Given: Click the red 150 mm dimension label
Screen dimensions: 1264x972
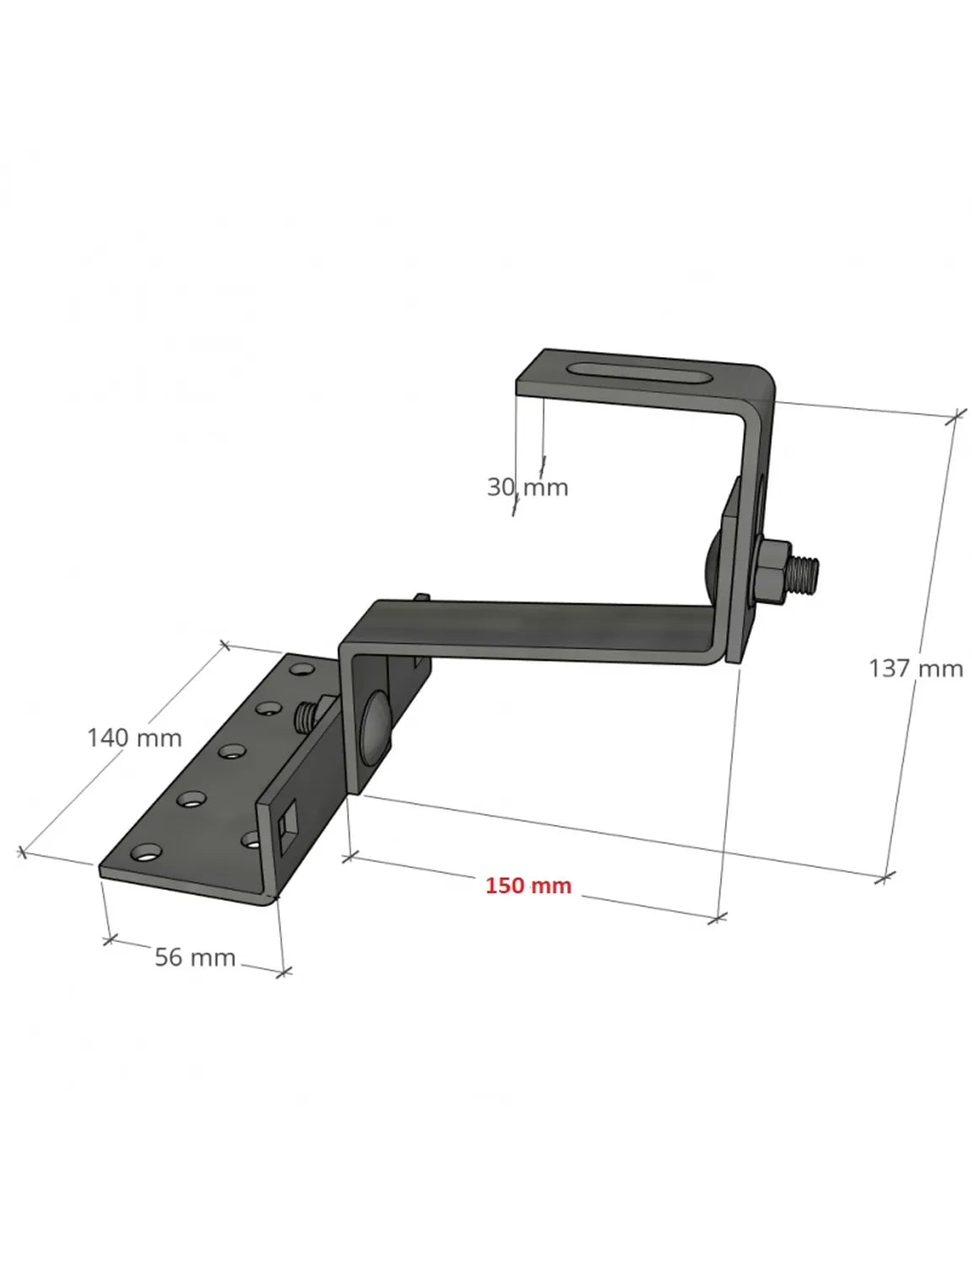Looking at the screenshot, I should coord(528,886).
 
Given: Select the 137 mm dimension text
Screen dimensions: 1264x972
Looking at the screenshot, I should coord(916,668).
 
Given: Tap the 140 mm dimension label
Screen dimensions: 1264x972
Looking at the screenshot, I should coord(134,737).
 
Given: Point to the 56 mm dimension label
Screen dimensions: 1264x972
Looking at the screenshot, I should coord(195,957).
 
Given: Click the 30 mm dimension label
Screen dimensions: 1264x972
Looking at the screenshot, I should coord(527,487).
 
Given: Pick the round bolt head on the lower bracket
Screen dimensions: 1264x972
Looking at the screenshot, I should coord(375,725).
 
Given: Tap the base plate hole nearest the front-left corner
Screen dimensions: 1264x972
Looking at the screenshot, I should coord(147,854).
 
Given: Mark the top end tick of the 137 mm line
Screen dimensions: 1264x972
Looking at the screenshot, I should coord(956,416).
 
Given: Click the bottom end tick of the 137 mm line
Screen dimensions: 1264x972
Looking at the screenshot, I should coord(884,877).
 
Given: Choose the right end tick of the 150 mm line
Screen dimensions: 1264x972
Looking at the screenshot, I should coord(717,918).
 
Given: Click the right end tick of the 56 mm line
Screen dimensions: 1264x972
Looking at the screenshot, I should coord(284,972).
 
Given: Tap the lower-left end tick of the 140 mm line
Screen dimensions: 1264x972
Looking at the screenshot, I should coord(23,853).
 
